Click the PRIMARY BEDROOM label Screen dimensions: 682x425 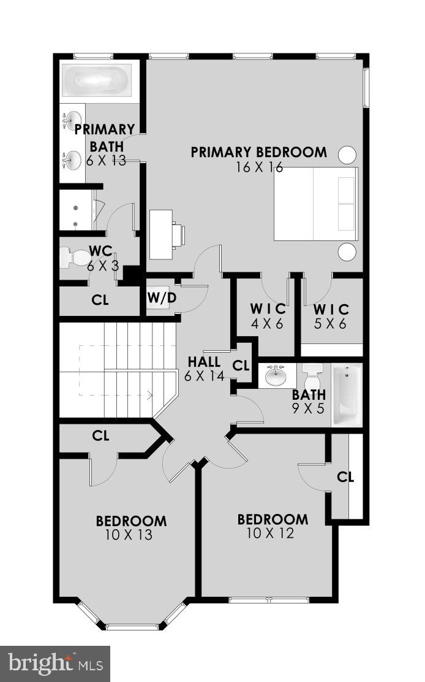(x=258, y=152)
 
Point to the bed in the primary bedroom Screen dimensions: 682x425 (x=315, y=204)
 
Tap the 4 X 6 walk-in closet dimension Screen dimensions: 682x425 (x=266, y=324)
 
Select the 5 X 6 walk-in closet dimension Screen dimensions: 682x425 (x=331, y=324)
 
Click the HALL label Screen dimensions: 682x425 (x=204, y=362)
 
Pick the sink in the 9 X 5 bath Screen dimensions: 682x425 (x=276, y=375)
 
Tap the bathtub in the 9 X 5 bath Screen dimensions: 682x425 (x=347, y=395)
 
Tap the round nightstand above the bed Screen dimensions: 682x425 (x=347, y=154)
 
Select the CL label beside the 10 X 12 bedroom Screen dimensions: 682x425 (x=346, y=477)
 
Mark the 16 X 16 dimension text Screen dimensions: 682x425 (x=259, y=167)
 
